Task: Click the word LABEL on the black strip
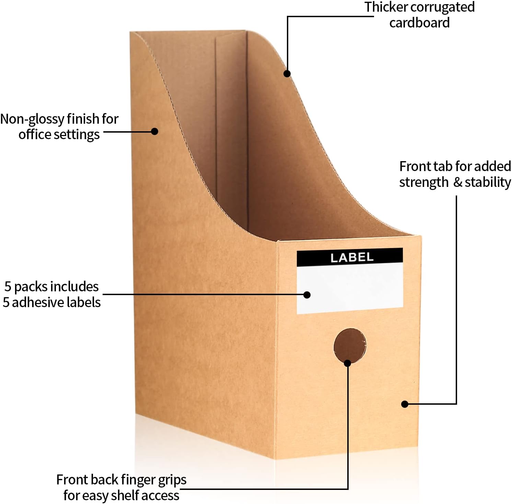pos(352,257)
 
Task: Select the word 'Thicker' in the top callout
pos(386,7)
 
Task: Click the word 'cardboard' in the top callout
pos(419,23)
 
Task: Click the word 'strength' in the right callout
pos(423,182)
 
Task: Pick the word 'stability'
pos(488,182)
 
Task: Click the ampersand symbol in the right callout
pos(458,182)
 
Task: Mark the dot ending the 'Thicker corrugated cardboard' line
pos(287,74)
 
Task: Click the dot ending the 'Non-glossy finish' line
pos(154,131)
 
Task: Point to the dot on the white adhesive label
pos(307,295)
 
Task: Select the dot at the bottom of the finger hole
pos(348,363)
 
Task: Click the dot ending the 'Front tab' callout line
pos(405,404)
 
